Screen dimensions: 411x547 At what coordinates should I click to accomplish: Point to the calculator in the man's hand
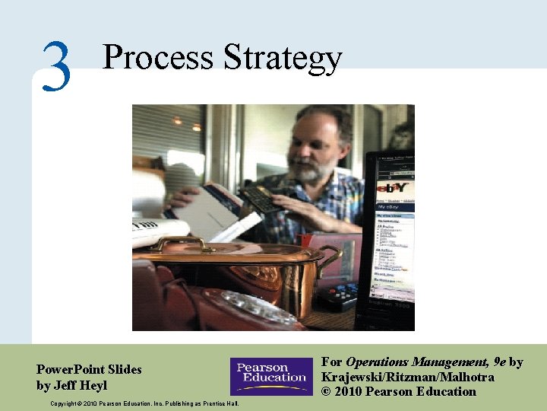(x=262, y=198)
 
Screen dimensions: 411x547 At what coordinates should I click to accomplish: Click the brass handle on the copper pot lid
(x=182, y=244)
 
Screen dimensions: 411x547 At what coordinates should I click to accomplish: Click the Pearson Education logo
(x=271, y=376)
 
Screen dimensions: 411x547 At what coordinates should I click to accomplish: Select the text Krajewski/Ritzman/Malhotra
(x=408, y=377)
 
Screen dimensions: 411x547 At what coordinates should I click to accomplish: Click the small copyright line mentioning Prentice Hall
(x=144, y=403)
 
